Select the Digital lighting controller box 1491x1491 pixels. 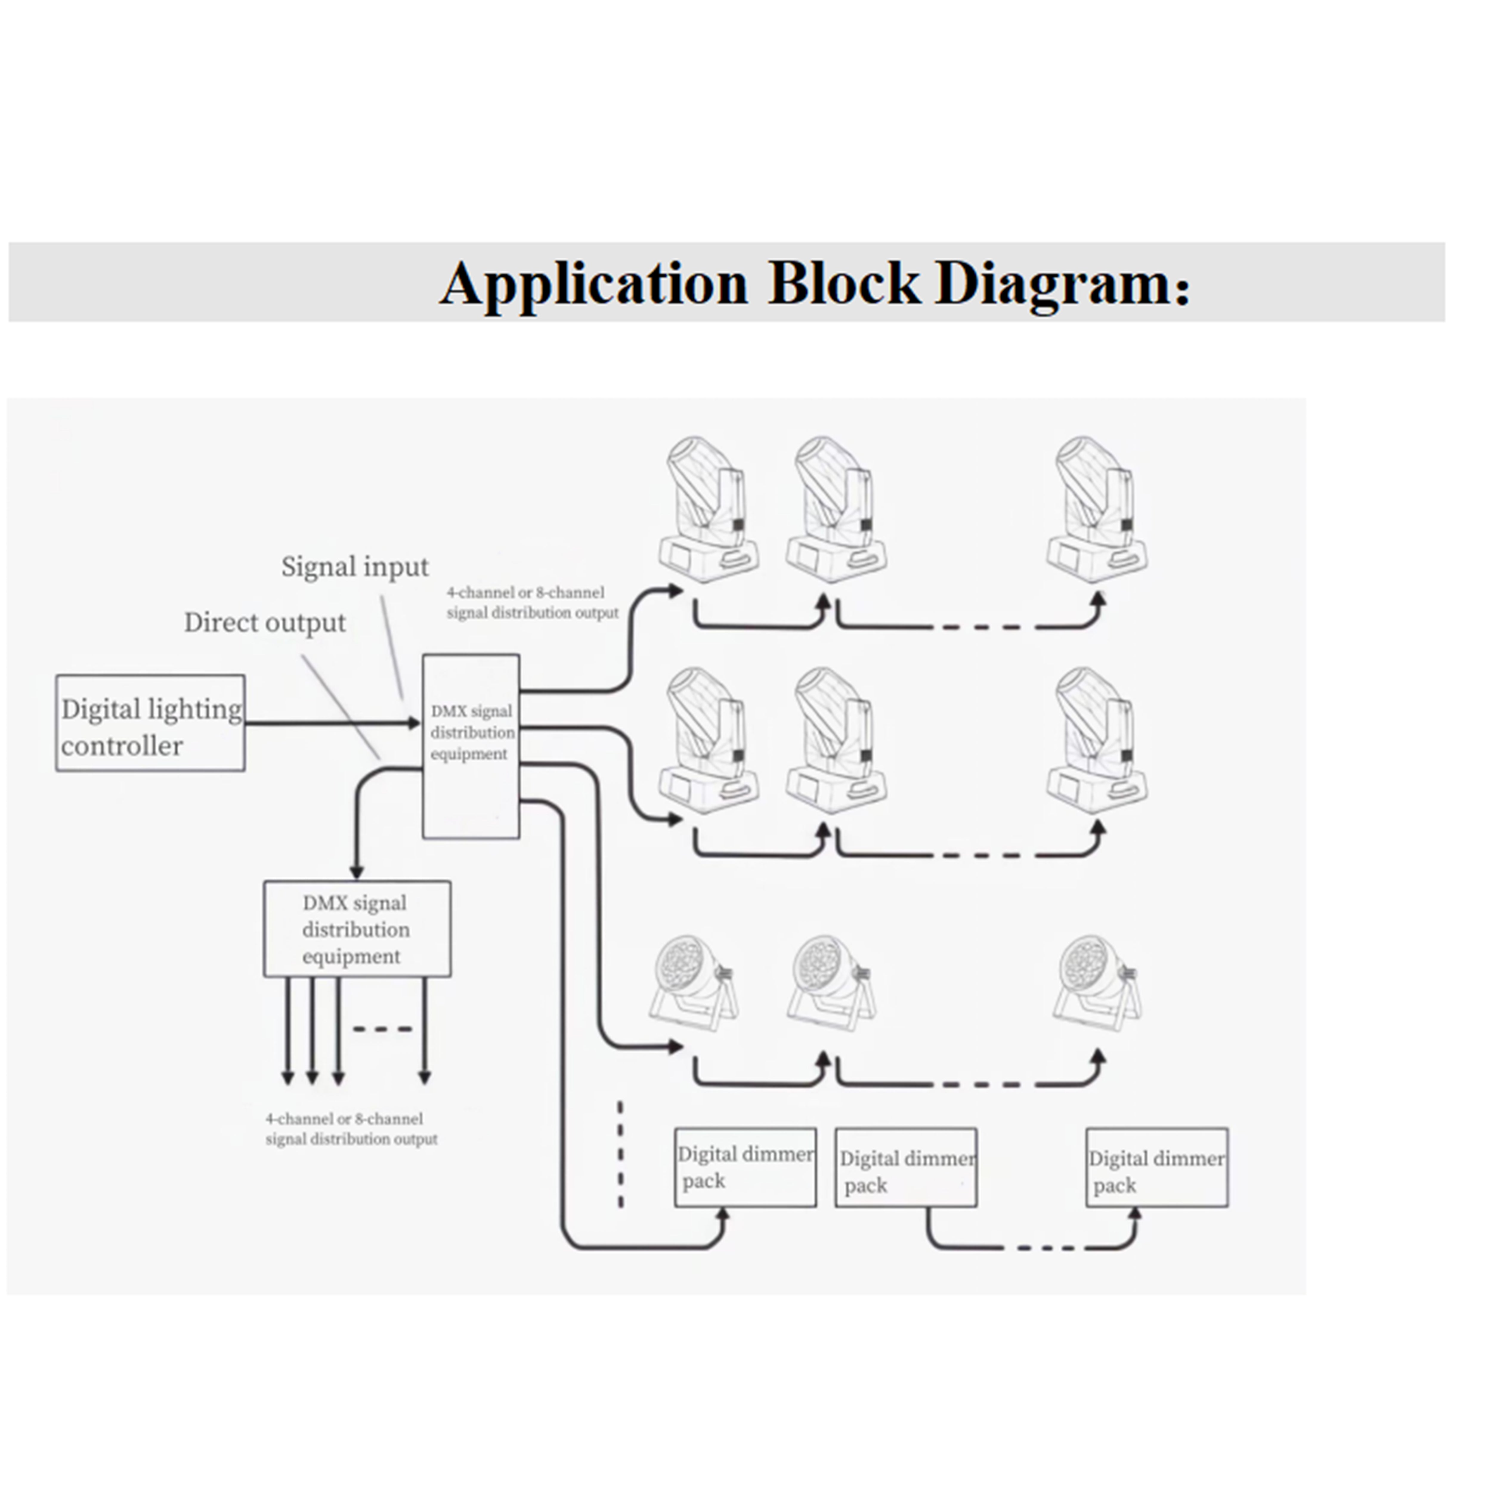tap(151, 723)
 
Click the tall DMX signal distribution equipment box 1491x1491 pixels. tap(471, 746)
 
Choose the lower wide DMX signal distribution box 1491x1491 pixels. tap(357, 929)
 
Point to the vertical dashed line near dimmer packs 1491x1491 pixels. tap(621, 1154)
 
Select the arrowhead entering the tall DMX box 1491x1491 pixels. tap(414, 723)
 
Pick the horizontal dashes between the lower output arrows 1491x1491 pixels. tap(383, 1029)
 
